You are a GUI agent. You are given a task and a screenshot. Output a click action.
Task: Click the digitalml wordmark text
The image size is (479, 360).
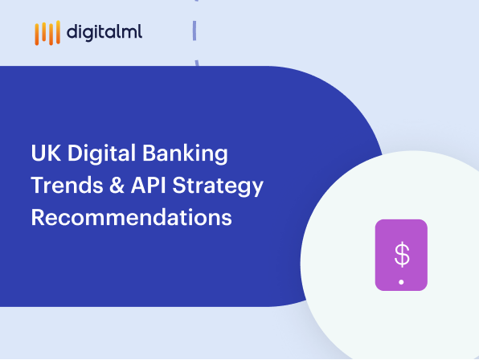pos(104,33)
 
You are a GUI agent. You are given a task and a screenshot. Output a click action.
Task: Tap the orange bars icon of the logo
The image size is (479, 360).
pos(47,33)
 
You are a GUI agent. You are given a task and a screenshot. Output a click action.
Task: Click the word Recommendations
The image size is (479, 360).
pos(131,218)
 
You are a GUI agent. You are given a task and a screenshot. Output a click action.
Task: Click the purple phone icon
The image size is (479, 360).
pos(401,255)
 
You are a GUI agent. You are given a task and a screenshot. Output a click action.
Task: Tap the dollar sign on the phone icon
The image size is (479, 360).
pos(401,254)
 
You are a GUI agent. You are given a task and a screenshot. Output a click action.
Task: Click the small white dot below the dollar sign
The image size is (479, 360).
pos(401,282)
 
